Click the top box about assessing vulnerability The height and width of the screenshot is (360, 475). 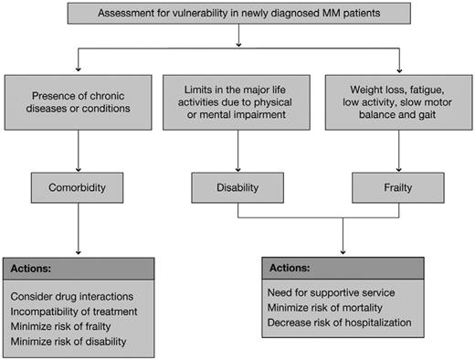tap(237, 16)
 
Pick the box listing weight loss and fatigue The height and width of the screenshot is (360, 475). tap(398, 106)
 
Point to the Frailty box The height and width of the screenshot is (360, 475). tap(398, 187)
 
